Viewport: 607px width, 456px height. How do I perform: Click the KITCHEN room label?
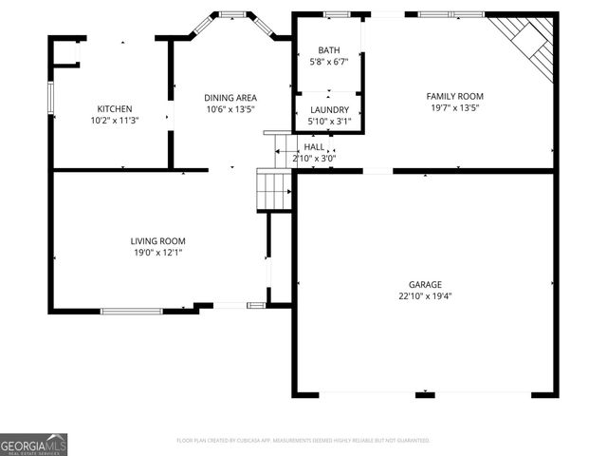(115, 108)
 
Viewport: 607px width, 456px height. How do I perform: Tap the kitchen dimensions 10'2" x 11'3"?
(115, 121)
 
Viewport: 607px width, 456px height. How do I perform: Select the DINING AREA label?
(231, 97)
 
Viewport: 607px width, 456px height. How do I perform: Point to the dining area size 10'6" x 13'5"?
(231, 109)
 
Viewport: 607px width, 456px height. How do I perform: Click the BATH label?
(329, 50)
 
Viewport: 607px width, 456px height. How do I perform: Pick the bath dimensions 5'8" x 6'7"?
(329, 63)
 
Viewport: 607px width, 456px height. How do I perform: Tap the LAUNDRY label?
(329, 110)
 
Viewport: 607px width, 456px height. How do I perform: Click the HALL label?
(314, 147)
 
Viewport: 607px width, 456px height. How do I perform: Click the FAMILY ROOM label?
(454, 96)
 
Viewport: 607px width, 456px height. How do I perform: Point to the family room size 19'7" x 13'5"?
(454, 108)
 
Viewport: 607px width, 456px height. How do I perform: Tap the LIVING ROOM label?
(157, 241)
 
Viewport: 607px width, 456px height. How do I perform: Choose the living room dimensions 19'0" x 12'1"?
(157, 254)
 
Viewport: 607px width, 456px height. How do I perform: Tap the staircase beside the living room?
(274, 190)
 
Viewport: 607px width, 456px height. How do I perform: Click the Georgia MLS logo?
(34, 444)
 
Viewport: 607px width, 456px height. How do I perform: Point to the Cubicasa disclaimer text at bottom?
(303, 441)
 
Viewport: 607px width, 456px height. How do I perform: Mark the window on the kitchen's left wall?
(51, 98)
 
